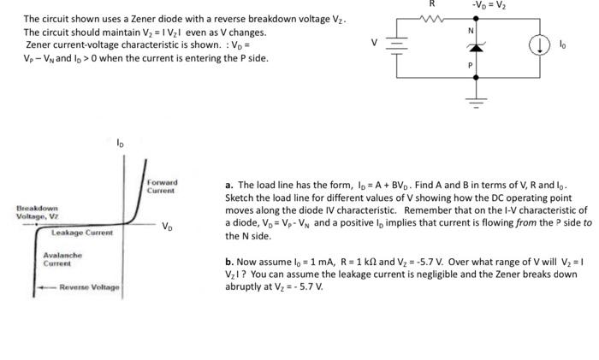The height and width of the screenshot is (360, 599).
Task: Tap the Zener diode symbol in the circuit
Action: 469,47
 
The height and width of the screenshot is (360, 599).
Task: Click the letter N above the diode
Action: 469,31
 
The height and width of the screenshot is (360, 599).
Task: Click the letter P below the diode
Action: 469,64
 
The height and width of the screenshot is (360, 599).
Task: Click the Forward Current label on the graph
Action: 163,186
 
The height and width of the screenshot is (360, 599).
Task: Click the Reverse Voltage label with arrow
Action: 86,287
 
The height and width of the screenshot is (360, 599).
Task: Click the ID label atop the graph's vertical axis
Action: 120,144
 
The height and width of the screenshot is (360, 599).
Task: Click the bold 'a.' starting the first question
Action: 229,184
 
